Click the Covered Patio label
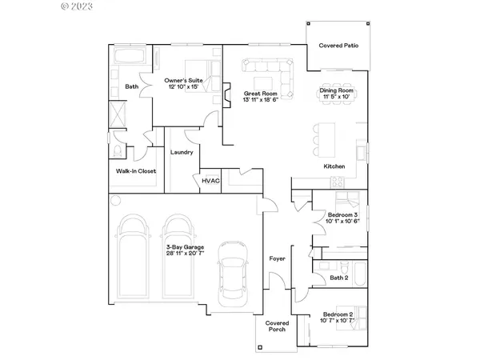(x=338, y=46)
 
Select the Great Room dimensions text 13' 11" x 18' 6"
(x=261, y=100)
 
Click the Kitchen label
(x=334, y=166)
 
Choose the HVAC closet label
(x=210, y=182)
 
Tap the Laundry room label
(x=182, y=152)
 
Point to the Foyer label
(x=277, y=258)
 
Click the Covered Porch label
(x=276, y=327)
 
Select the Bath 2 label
(x=338, y=278)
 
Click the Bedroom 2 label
(x=338, y=315)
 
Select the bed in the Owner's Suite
(x=197, y=69)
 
